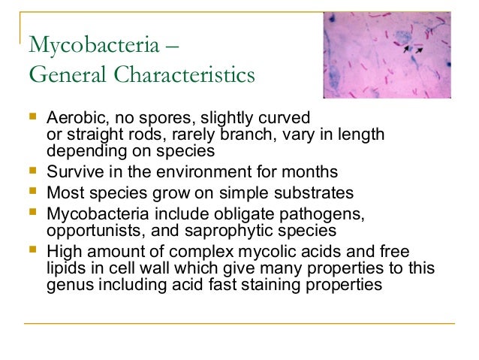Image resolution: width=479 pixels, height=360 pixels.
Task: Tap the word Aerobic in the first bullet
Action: coord(73,119)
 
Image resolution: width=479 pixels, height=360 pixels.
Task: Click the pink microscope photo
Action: coord(387,50)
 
